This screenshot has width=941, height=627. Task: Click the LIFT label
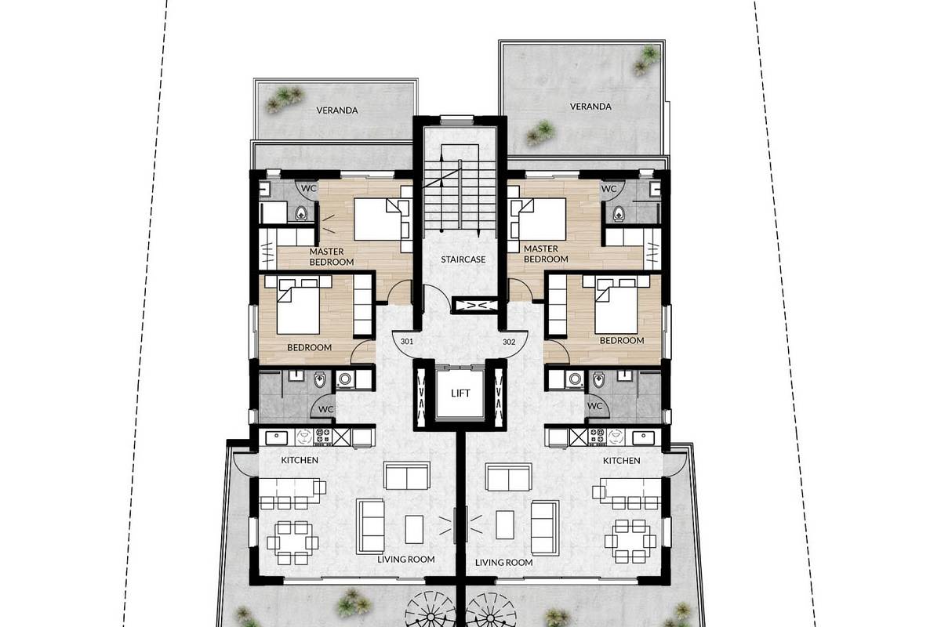pos(460,393)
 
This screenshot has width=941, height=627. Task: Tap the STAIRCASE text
pos(463,259)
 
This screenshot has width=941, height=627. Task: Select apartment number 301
pos(407,342)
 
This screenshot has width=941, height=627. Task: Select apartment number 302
pos(509,342)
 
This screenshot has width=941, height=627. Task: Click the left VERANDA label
pos(337,111)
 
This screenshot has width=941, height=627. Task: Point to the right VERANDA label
pos(590,107)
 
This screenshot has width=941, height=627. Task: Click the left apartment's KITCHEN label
pos(300,460)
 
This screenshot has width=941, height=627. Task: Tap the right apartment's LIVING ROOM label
pos(503,562)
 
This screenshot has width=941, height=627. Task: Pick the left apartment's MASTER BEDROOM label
pos(332,256)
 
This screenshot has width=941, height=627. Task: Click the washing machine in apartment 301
pos(345,379)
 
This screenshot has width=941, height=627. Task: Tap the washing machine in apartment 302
pos(574,379)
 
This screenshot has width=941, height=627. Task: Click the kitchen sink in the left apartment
pos(276,438)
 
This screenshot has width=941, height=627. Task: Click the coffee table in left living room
pos(414,530)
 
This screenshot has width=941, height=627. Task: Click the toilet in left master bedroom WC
pos(301,214)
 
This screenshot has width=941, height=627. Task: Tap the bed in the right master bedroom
pos(537,219)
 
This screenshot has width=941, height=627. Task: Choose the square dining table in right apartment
pos(630,542)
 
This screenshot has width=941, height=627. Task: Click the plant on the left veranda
pos(285,100)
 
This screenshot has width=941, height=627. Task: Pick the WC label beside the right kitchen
pos(594,406)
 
